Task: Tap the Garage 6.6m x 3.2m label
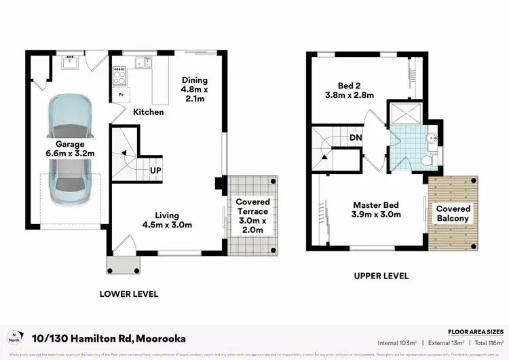70,149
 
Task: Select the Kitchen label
148,111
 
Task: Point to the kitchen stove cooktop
119,69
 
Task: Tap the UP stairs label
155,170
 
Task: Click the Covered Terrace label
252,215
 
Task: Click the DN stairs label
355,138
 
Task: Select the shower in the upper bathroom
405,112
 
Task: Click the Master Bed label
375,209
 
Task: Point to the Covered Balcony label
453,213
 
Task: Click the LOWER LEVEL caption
129,294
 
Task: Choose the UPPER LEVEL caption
381,276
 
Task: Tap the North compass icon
14,338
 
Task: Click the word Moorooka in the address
161,338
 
